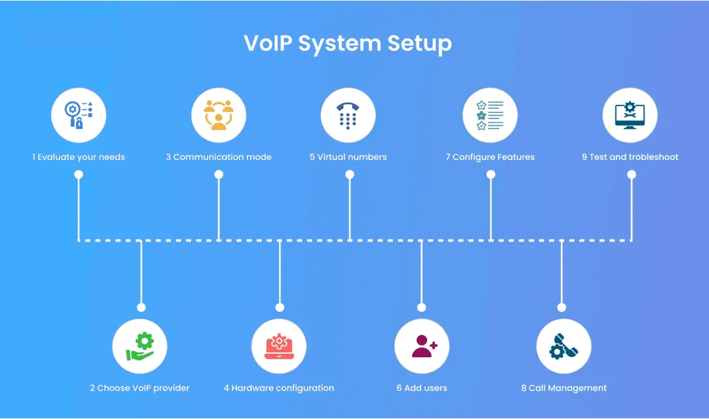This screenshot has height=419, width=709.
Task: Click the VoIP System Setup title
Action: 347,44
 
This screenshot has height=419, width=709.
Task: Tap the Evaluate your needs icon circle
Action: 79,116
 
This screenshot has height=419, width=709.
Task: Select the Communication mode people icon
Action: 219,116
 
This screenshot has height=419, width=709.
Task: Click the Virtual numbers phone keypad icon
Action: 348,116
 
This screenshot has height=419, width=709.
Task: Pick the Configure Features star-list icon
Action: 490,116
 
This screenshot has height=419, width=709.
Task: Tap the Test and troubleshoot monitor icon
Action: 630,116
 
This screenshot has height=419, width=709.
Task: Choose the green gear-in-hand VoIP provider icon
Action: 140,346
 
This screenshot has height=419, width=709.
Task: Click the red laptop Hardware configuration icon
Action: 279,346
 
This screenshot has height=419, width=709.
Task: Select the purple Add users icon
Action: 422,346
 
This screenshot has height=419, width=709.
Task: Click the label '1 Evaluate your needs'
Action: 79,157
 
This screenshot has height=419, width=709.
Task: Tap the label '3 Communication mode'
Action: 219,157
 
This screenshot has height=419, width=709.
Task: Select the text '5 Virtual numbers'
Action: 348,157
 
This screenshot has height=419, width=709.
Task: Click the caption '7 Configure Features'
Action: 490,157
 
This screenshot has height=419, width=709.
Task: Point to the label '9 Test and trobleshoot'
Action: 630,157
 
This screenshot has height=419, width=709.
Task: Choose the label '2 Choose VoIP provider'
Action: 140,388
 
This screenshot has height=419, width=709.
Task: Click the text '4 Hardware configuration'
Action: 279,388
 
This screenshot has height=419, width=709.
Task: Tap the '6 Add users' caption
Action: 422,388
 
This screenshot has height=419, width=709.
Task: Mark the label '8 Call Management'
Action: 564,388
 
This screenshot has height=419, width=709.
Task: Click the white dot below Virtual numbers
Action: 350,174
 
